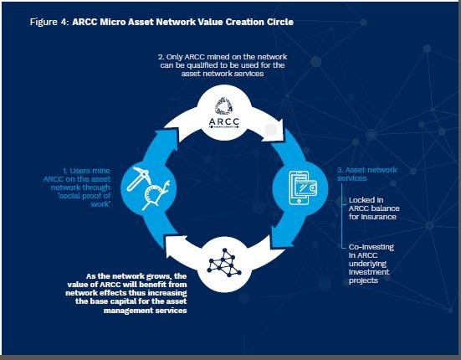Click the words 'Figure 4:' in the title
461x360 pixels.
(x=49, y=22)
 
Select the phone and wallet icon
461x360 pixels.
(x=304, y=188)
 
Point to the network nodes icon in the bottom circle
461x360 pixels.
(x=224, y=263)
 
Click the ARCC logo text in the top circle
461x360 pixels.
(x=224, y=121)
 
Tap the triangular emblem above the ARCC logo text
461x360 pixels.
(x=223, y=105)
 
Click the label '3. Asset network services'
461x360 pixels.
(x=367, y=174)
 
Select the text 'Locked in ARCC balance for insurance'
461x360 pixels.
(x=374, y=208)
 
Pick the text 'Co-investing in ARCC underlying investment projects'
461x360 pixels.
(x=371, y=264)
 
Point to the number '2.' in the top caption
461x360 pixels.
(x=161, y=57)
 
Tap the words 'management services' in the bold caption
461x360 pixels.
(x=146, y=311)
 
